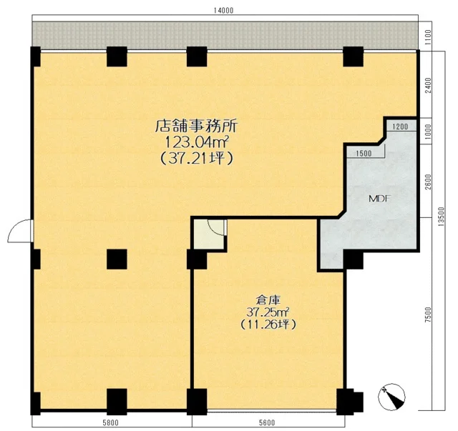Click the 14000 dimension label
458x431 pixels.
pyautogui.click(x=223, y=11)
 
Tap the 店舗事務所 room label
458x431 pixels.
pyautogui.click(x=197, y=127)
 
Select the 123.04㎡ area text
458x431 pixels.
pyautogui.click(x=197, y=143)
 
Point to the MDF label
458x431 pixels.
pyautogui.click(x=380, y=199)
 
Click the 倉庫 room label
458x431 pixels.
pyautogui.click(x=268, y=299)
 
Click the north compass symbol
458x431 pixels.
pyautogui.click(x=391, y=397)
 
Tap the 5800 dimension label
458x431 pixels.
pyautogui.click(x=111, y=423)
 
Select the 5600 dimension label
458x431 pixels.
pyautogui.click(x=267, y=423)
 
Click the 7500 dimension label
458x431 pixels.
pyautogui.click(x=428, y=314)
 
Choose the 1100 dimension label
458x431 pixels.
pyautogui.click(x=428, y=36)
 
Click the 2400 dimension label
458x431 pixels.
pyautogui.click(x=428, y=85)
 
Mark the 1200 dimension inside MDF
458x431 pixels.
pyautogui.click(x=400, y=127)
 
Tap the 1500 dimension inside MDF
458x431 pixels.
pyautogui.click(x=364, y=154)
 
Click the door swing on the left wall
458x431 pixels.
pyautogui.click(x=20, y=231)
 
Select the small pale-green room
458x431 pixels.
pyautogui.click(x=208, y=234)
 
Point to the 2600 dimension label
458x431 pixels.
pyautogui.click(x=428, y=182)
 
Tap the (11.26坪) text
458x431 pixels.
pyautogui.click(x=268, y=325)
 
